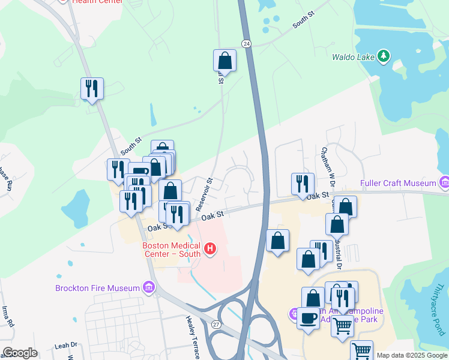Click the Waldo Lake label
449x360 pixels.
pos(354,58)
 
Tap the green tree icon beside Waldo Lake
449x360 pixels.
pos(384,57)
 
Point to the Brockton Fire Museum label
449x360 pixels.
pos(97,288)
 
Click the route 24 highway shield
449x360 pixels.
pos(247,43)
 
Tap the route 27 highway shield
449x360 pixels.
pos(216,324)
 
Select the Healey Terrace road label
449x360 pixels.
pos(192,338)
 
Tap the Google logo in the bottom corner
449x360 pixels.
pos(20,353)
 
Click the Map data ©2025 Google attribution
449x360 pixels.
pos(412,355)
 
